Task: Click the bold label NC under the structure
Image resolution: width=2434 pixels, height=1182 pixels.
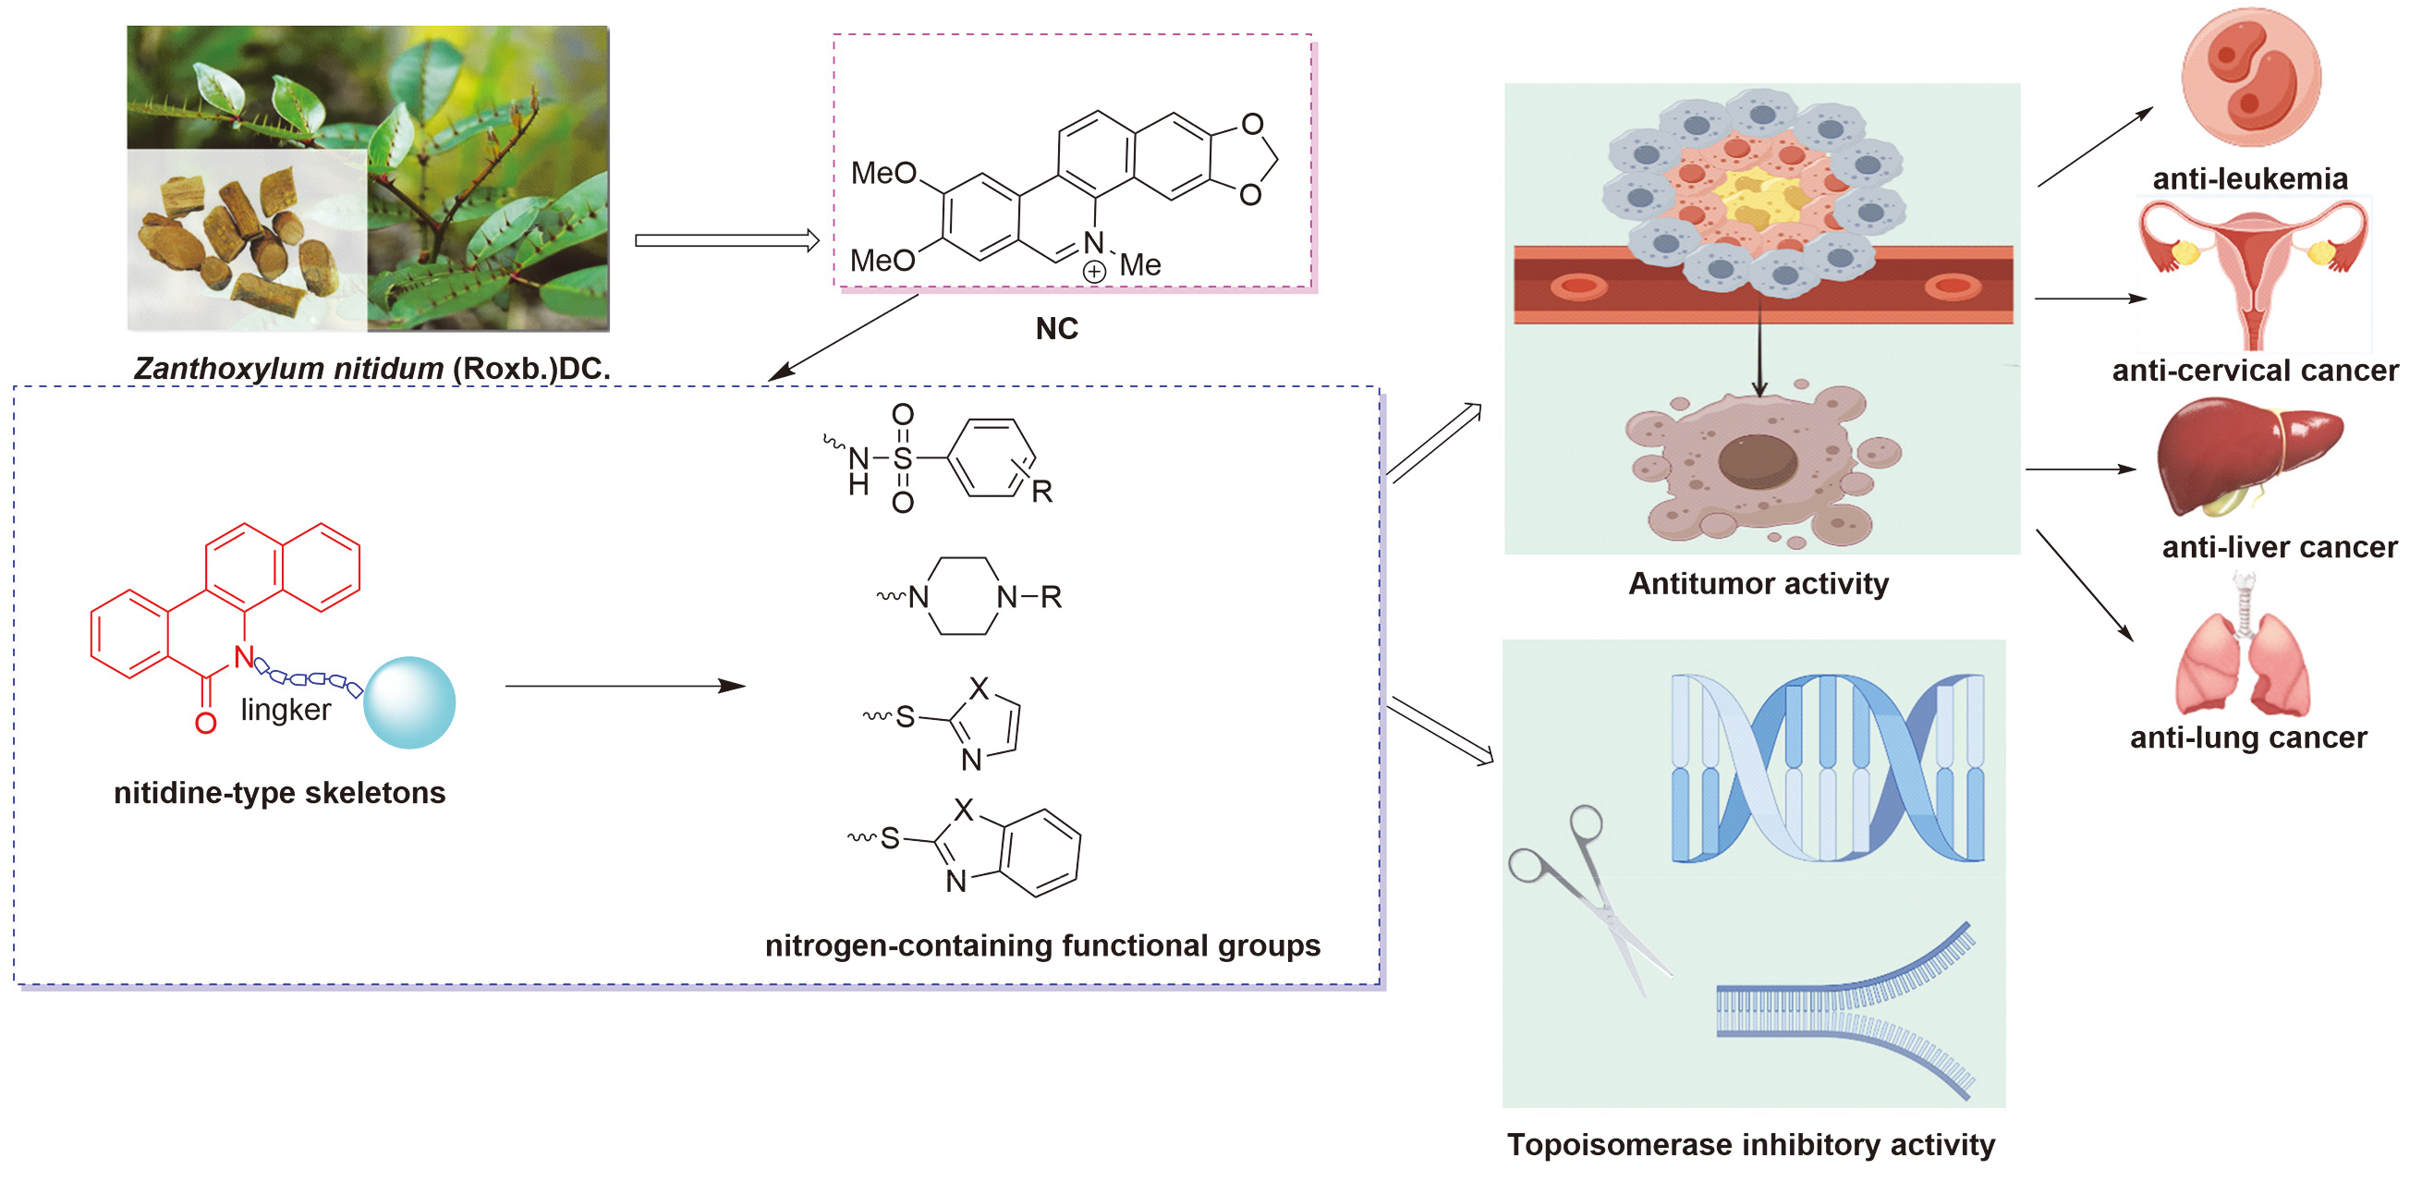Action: click(1056, 329)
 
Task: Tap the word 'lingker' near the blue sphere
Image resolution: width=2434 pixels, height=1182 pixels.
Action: click(286, 710)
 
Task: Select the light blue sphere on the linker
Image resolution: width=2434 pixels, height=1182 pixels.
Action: click(409, 703)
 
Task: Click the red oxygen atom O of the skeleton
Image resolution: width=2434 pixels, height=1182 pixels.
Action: click(205, 724)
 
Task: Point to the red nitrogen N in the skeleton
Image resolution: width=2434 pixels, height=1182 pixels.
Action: click(244, 658)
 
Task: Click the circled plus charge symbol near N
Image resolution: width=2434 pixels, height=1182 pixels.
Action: click(1093, 272)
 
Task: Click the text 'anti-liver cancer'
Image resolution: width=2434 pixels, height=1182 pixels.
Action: click(2279, 547)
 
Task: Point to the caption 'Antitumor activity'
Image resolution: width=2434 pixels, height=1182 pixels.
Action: click(1759, 584)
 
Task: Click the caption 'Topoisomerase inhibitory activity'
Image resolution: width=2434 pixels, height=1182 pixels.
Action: click(1750, 1145)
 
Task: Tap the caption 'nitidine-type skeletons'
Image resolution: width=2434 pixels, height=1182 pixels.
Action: click(280, 793)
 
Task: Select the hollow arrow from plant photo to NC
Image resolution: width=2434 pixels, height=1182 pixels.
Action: click(726, 241)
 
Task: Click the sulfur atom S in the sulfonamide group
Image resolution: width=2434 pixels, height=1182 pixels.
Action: click(903, 458)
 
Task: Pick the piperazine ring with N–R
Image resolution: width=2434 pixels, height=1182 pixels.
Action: click(962, 596)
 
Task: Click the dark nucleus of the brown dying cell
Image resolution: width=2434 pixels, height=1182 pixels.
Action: click(1757, 461)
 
